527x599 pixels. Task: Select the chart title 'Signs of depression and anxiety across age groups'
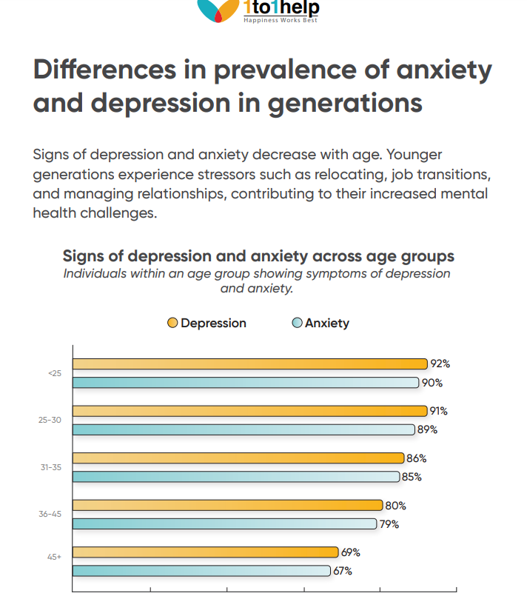pyautogui.click(x=258, y=256)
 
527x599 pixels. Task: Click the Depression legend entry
pyautogui.click(x=207, y=323)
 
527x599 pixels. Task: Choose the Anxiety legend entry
pyautogui.click(x=320, y=323)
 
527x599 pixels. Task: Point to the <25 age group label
pyautogui.click(x=55, y=373)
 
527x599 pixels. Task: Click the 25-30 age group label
pyautogui.click(x=51, y=420)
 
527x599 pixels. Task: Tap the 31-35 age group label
pyautogui.click(x=51, y=467)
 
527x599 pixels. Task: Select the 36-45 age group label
pyautogui.click(x=51, y=514)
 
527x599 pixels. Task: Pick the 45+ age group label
pyautogui.click(x=54, y=561)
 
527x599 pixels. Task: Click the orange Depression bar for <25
pyautogui.click(x=249, y=364)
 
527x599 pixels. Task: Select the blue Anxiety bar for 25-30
pyautogui.click(x=244, y=429)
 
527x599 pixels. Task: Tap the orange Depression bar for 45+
pyautogui.click(x=205, y=552)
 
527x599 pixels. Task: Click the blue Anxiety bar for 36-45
pyautogui.click(x=224, y=524)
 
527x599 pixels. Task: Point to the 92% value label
pyautogui.click(x=440, y=364)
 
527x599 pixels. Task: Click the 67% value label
pyautogui.click(x=342, y=571)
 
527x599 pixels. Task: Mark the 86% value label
pyautogui.click(x=417, y=458)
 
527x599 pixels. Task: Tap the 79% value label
pyautogui.click(x=389, y=524)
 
